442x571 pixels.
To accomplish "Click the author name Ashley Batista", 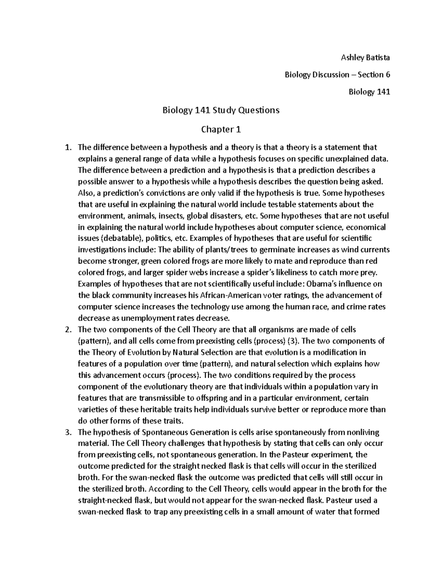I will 365,57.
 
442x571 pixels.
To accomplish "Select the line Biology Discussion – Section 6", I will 337,75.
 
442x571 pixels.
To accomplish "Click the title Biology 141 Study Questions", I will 221,110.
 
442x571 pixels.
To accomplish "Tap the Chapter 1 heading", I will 221,129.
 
